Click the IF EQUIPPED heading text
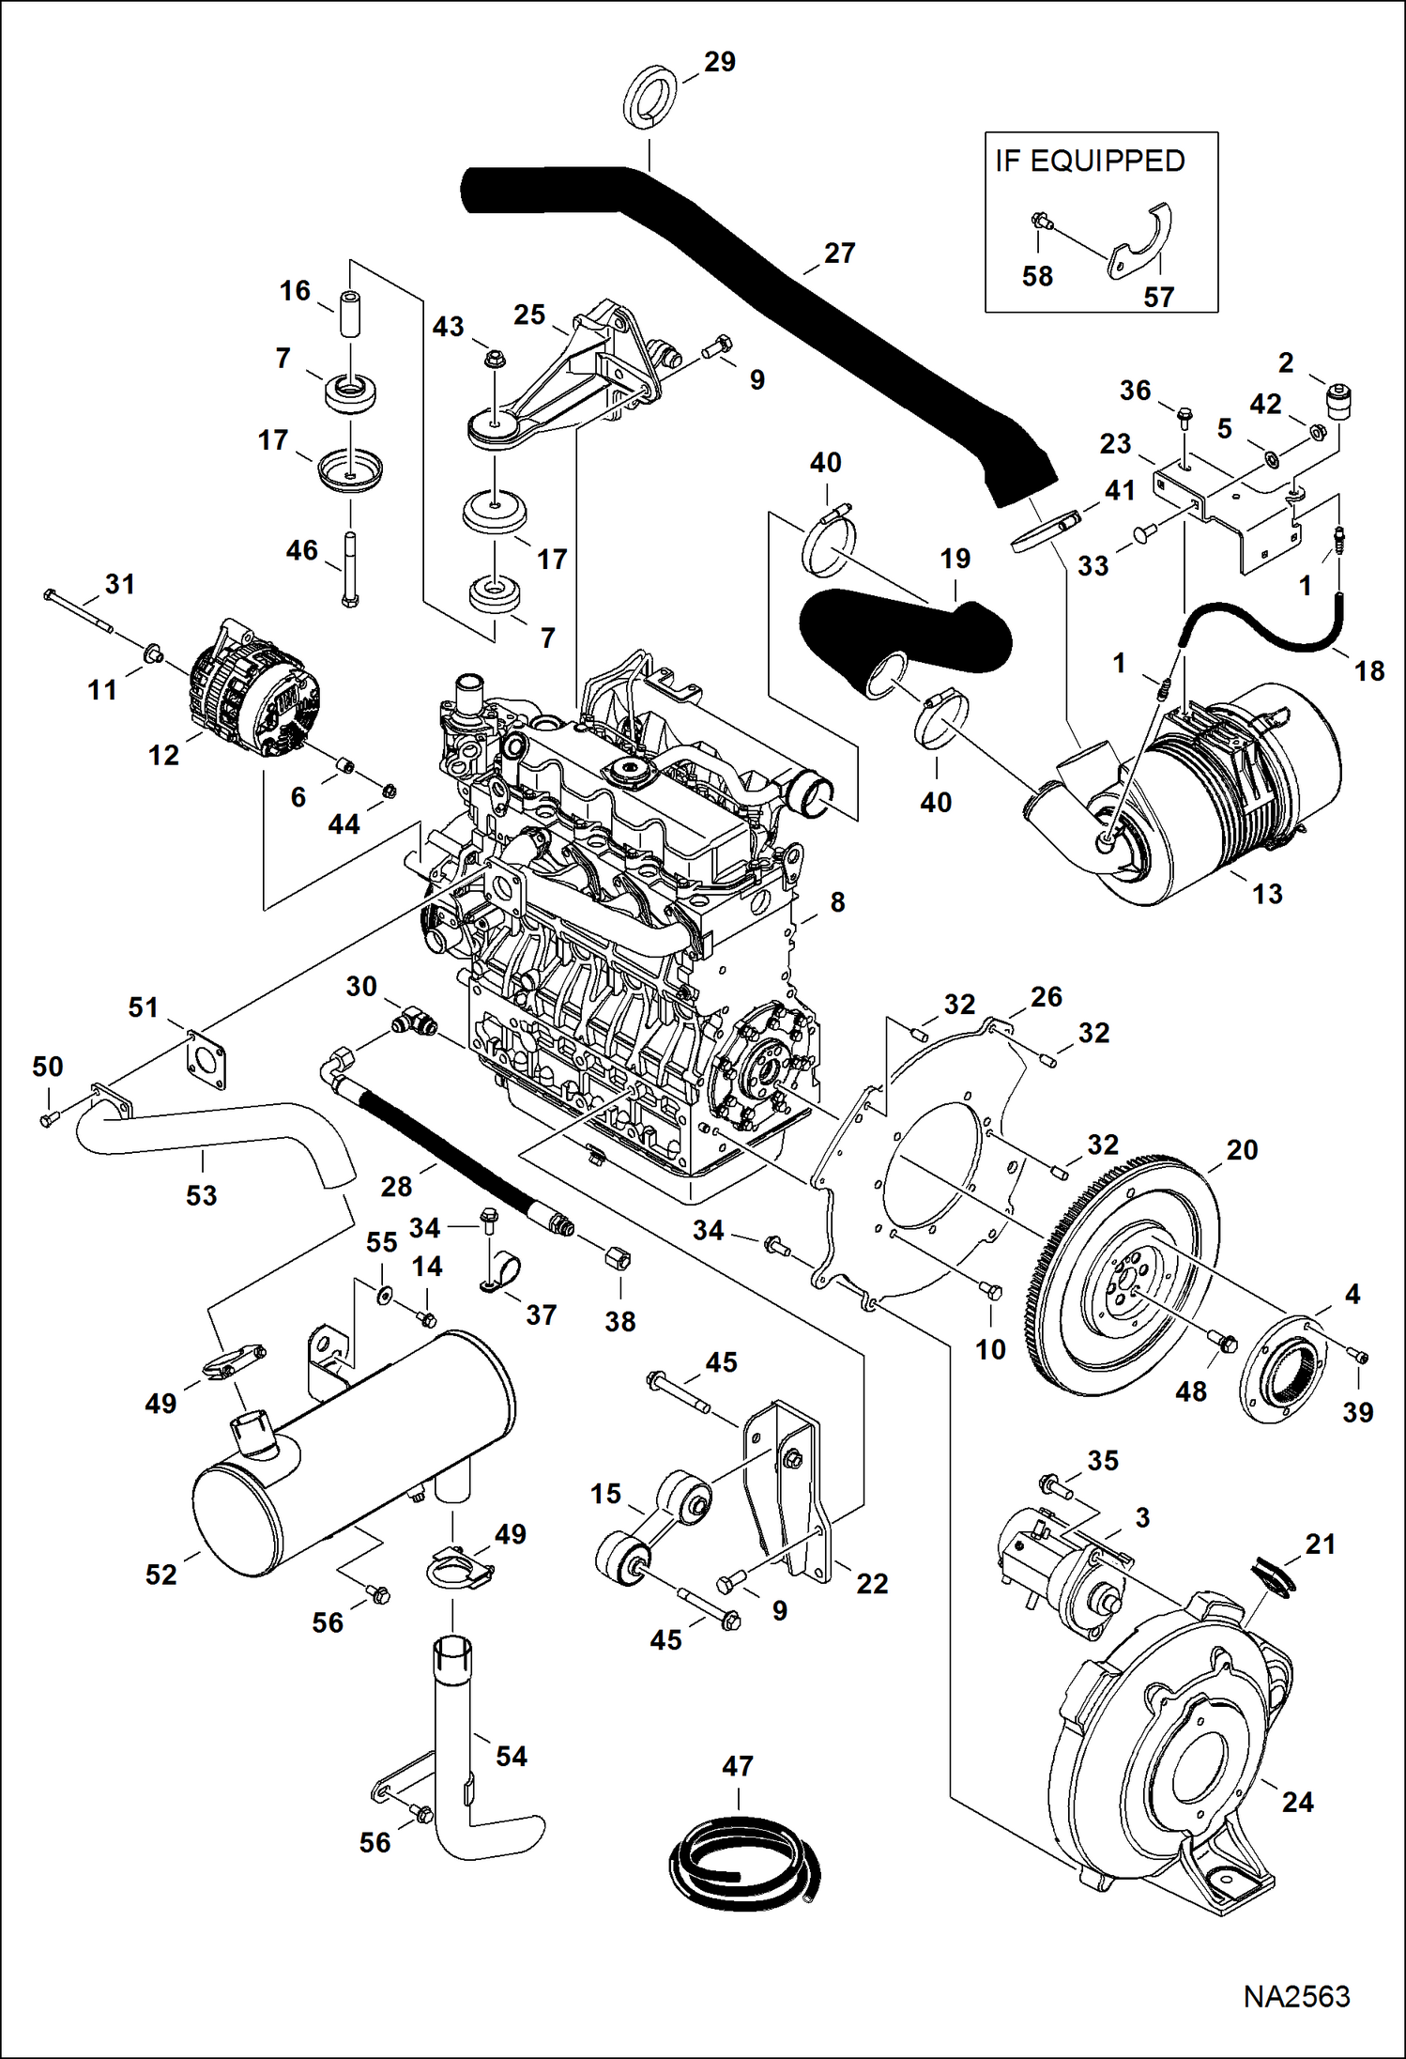[x=1090, y=161]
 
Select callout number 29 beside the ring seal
[x=719, y=62]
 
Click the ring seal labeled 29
[x=649, y=97]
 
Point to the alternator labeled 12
[x=252, y=689]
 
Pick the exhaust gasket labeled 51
[x=206, y=1061]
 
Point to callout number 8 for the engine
[x=837, y=902]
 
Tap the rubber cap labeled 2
[x=1338, y=400]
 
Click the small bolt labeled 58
[x=1040, y=223]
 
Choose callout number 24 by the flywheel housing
[x=1297, y=1802]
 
